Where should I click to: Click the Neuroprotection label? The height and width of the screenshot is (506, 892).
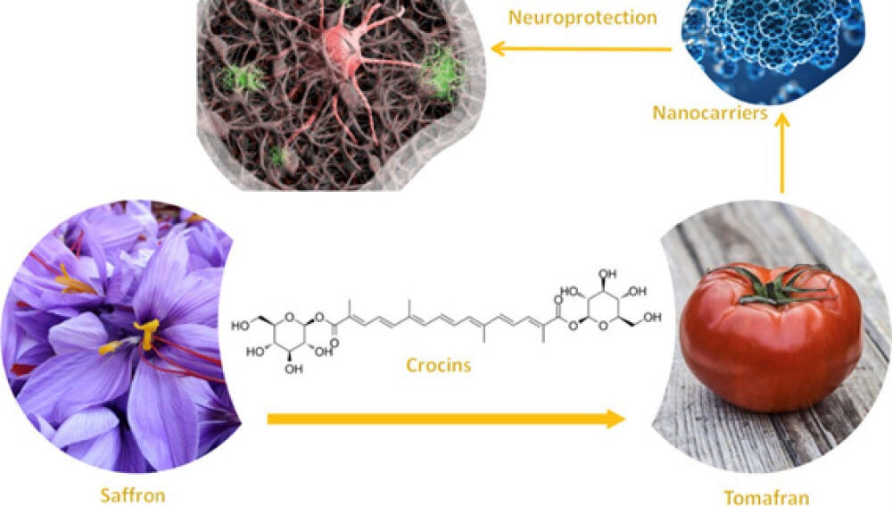coord(582,18)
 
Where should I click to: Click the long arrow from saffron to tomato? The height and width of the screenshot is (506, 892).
coord(445,418)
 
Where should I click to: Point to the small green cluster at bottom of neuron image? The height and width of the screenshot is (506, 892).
coord(277,158)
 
